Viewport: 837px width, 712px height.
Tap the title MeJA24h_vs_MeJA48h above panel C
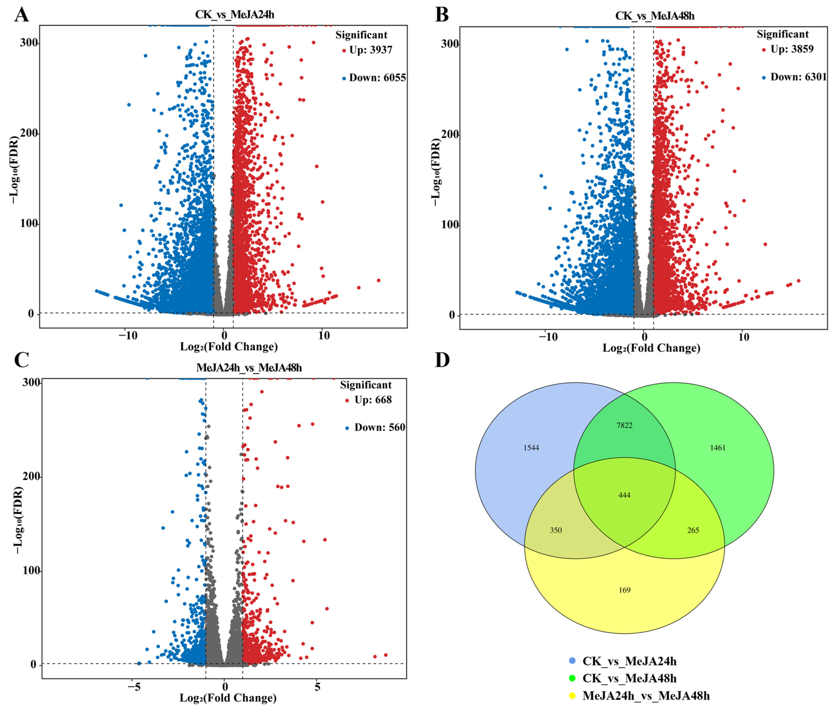pyautogui.click(x=249, y=368)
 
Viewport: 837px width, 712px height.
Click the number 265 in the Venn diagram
pyautogui.click(x=693, y=530)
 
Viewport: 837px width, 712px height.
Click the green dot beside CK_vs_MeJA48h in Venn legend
pyautogui.click(x=571, y=678)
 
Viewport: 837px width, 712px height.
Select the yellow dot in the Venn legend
pyautogui.click(x=571, y=695)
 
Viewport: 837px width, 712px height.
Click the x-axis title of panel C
pyautogui.click(x=228, y=698)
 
